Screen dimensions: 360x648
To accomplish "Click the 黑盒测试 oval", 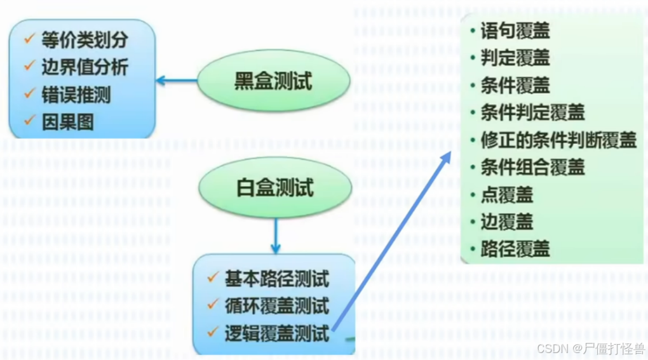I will pyautogui.click(x=273, y=82).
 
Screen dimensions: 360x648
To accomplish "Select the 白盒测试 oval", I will pyautogui.click(x=274, y=188).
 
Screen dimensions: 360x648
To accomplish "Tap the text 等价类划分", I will pyautogui.click(x=84, y=40).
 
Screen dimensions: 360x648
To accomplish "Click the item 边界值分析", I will pyautogui.click(x=84, y=67).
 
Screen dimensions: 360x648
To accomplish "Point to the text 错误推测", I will pyautogui.click(x=76, y=95).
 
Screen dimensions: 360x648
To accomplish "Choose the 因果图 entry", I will pyautogui.click(x=67, y=122).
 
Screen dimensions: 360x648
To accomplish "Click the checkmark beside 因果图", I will pyautogui.click(x=29, y=121).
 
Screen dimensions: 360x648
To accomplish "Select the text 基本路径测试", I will pyautogui.click(x=276, y=279).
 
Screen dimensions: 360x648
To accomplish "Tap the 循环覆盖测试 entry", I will pyautogui.click(x=276, y=306).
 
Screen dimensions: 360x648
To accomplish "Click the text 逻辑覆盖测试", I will pyautogui.click(x=276, y=333).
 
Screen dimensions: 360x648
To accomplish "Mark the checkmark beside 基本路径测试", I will pyautogui.click(x=213, y=277).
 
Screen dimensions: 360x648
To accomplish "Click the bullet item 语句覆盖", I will pyautogui.click(x=515, y=30).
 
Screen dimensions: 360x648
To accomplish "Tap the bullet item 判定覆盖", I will pyautogui.click(x=515, y=58).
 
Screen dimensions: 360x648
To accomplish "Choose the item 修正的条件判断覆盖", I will pyautogui.click(x=558, y=140).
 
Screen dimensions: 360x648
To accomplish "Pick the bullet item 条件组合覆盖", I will pyautogui.click(x=532, y=167).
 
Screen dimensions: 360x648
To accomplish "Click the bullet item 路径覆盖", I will pyautogui.click(x=515, y=249).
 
